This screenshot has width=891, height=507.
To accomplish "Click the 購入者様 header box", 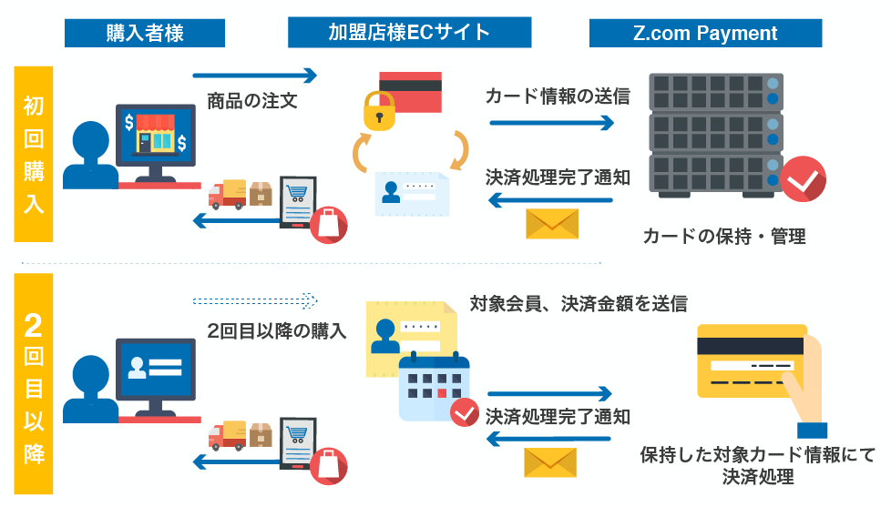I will coord(145,34).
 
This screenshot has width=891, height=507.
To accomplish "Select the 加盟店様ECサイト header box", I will coord(409,34).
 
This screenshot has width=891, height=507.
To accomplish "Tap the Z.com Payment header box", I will coord(705,34).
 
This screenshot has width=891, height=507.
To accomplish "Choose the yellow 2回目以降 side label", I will coord(34,382).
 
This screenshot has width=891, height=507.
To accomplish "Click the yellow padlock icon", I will coord(381,111).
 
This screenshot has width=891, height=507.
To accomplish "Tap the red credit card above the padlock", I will coord(410,88).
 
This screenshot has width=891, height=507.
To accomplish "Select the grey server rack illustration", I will coord(716,135).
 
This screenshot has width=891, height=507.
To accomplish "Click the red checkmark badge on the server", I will coord(804,178).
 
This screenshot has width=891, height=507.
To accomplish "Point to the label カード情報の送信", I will coord(558,96).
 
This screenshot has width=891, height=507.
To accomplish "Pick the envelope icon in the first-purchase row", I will coord(552,223).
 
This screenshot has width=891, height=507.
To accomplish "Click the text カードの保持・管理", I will coord(724,237).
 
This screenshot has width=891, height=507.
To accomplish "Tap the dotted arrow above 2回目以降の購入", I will coord(255,299).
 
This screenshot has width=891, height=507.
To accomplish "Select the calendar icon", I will coord(434,387).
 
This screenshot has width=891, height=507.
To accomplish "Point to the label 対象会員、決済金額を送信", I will coord(578,304).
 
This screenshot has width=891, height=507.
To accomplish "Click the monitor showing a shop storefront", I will coord(155,137).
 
